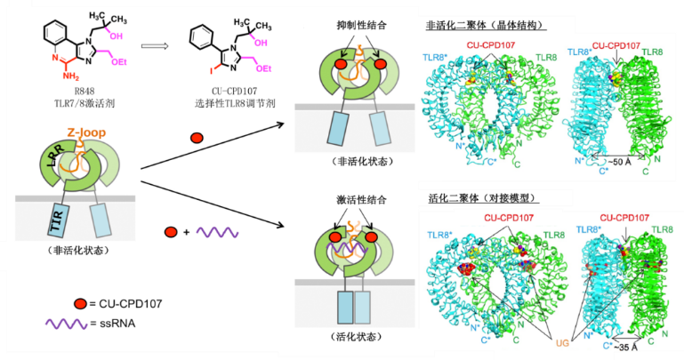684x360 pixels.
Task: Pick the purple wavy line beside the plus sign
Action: (x=216, y=233)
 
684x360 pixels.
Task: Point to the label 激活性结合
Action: (x=354, y=202)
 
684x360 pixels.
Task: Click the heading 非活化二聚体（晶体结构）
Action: (x=487, y=25)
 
